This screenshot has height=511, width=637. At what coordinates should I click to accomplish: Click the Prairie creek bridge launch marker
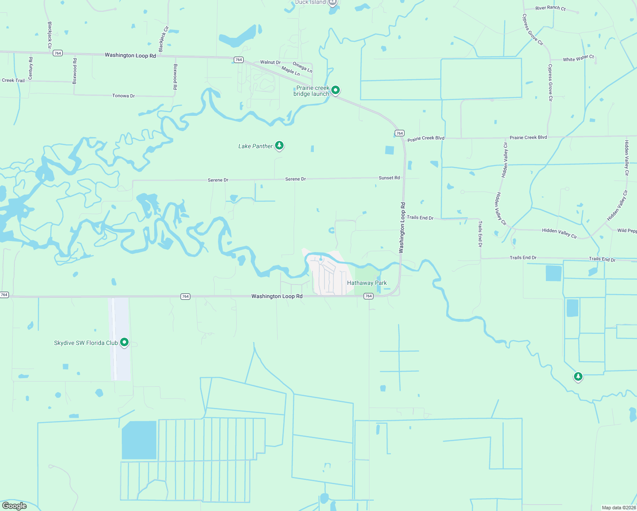coord(336,90)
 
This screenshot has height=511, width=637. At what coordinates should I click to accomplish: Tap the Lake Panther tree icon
coord(279,146)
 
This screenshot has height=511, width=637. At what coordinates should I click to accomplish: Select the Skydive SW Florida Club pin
coord(124,342)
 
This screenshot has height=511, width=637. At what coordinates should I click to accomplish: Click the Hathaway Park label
coord(367,283)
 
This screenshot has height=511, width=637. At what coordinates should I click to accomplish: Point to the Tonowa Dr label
coord(123,96)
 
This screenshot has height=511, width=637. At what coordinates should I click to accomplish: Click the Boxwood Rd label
coord(175,77)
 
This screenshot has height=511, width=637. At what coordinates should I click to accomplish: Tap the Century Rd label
coord(31,68)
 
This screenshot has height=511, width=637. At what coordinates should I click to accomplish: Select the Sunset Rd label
coord(389,178)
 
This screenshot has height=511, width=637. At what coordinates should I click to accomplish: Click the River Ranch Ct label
coord(550,8)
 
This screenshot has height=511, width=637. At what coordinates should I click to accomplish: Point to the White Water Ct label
coord(578,58)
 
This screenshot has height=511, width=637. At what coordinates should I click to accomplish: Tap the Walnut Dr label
coord(270,62)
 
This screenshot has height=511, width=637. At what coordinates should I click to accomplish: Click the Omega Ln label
coord(302,67)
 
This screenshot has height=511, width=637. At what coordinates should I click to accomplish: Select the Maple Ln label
coord(290,71)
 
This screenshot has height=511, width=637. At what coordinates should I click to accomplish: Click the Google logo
coord(14,505)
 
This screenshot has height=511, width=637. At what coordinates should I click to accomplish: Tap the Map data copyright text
coord(618,508)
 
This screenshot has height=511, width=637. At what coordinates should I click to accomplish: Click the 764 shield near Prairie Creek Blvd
coord(399,133)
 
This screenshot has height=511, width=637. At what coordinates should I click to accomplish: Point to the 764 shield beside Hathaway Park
coord(368,296)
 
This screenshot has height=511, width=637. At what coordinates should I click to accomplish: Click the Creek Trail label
coord(13,80)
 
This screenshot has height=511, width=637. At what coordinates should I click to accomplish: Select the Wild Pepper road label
coord(627,231)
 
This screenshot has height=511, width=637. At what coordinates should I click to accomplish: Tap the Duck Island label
coord(310,2)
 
